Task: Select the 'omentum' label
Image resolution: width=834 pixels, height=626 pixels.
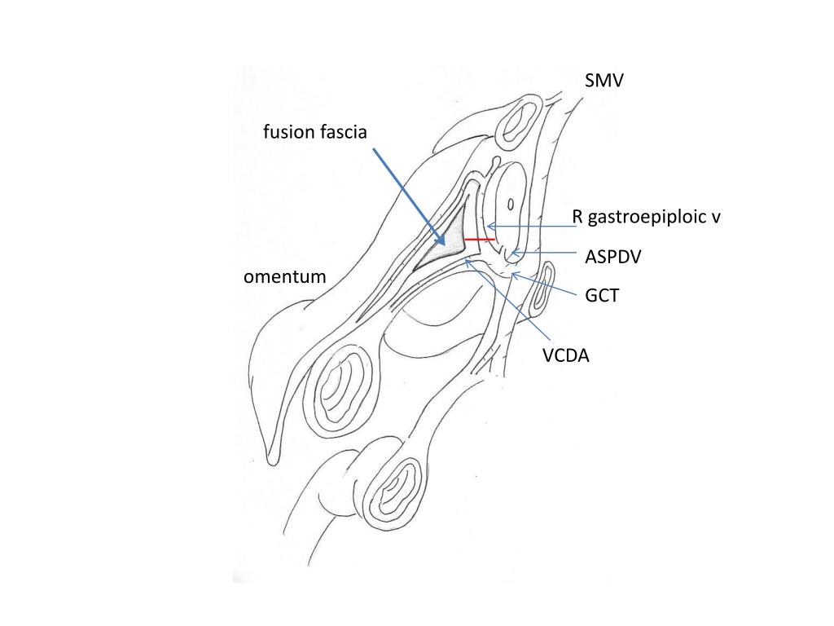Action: [x=284, y=277]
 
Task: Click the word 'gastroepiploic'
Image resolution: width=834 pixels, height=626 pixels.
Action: [x=650, y=218]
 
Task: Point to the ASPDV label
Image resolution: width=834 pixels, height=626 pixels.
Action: [x=612, y=257]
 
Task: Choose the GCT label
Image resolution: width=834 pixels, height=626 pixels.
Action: [x=601, y=296]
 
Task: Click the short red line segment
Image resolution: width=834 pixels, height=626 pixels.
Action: [x=480, y=240]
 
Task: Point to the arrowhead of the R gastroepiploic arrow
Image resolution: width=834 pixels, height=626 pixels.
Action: [x=488, y=227]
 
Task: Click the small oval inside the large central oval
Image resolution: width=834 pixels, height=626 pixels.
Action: [x=510, y=204]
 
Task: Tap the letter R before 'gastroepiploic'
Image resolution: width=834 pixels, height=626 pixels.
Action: [x=577, y=218]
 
